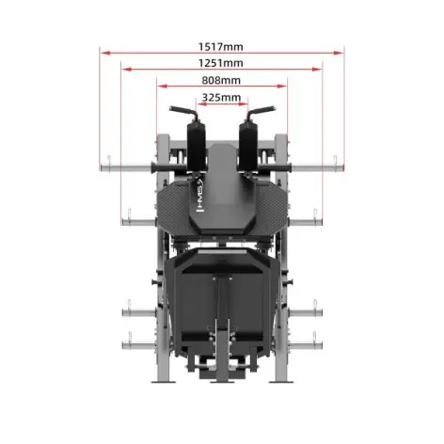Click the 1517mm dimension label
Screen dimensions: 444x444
[221, 44]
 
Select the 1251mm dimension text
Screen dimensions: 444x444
[221, 62]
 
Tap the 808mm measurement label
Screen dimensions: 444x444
[221, 80]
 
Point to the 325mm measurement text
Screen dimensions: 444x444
[221, 97]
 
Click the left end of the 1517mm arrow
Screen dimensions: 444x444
[102, 53]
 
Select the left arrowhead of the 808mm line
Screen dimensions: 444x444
[159, 87]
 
